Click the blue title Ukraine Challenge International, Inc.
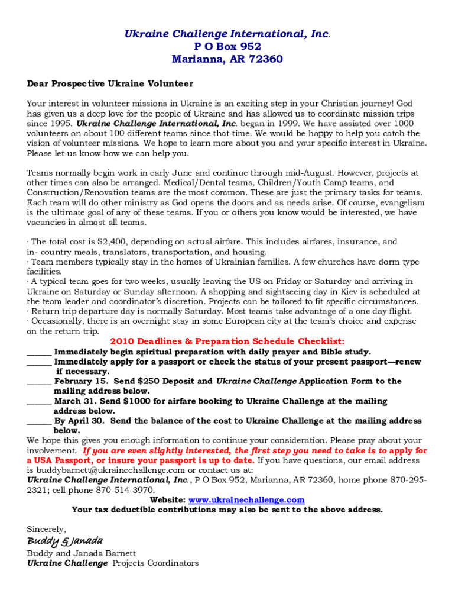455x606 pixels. click(226, 34)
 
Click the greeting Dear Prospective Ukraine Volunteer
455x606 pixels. click(110, 84)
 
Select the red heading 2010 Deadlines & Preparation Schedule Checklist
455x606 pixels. click(227, 341)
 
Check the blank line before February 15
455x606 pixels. click(39, 382)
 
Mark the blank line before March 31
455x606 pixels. click(39, 402)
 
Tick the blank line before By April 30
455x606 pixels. click(39, 422)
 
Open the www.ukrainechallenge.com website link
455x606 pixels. click(246, 500)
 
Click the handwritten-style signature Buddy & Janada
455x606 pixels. click(65, 541)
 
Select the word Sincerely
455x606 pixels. click(47, 529)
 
